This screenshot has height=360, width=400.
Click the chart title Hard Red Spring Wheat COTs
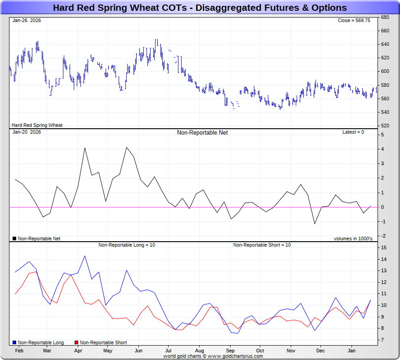point(200,8)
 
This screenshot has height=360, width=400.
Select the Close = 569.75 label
point(354,20)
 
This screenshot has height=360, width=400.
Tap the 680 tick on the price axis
point(385,17)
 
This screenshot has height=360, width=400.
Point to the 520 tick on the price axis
point(385,126)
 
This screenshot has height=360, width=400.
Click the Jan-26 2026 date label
point(27,20)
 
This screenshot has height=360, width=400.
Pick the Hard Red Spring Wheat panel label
point(37,126)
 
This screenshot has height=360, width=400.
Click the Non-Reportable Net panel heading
point(202,132)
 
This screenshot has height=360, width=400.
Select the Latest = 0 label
point(353,132)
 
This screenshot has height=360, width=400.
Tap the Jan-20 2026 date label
point(27,132)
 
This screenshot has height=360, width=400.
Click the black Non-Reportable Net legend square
point(14,238)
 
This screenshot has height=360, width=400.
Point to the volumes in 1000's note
point(353,238)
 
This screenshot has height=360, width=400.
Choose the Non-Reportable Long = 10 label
point(127,245)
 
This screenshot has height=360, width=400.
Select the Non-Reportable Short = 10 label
point(262,245)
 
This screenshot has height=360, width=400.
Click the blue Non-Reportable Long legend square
point(14,343)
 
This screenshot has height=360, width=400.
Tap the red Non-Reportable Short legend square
point(76,343)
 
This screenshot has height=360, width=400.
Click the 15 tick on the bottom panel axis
point(383,248)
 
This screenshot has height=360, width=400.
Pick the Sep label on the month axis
point(230,351)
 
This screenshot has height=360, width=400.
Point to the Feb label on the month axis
point(19,351)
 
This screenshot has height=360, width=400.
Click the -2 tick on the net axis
point(382,236)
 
